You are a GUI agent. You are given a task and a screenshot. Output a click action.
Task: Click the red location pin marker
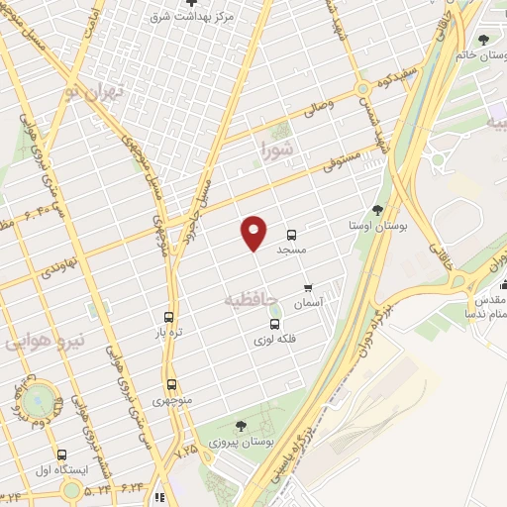pos(254,232)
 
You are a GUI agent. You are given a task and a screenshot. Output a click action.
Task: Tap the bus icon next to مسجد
pos(291,236)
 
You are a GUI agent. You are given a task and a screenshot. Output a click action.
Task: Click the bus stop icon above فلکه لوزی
pos(274,324)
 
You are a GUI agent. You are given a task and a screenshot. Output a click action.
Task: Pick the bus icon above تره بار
pos(168,319)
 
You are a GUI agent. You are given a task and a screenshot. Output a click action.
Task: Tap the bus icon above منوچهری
pos(172,384)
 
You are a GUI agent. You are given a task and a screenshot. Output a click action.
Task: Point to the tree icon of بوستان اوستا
pos(377,209)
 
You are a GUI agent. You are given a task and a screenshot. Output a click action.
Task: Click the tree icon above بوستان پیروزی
pos(239,427)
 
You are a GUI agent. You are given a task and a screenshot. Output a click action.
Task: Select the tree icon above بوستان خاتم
pos(483,40)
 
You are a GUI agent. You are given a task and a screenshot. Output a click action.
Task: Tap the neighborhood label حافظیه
pos(247,296)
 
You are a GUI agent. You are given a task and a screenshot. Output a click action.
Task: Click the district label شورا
pos(276,151)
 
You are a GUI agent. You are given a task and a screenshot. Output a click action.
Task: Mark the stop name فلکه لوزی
pos(274,339)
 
